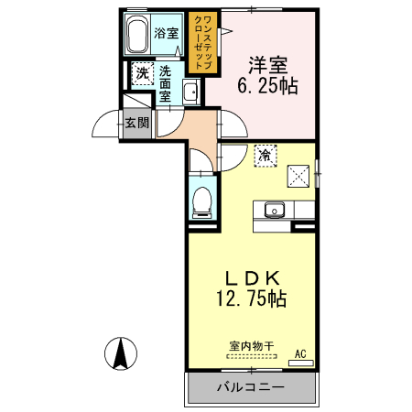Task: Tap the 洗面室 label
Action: click(x=166, y=82)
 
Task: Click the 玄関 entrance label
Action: click(x=137, y=122)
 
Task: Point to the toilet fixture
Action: click(x=201, y=200)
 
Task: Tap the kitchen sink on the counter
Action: click(x=274, y=211)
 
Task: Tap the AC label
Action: click(x=300, y=352)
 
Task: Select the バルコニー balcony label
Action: click(x=250, y=387)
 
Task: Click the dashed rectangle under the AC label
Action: click(x=300, y=363)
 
